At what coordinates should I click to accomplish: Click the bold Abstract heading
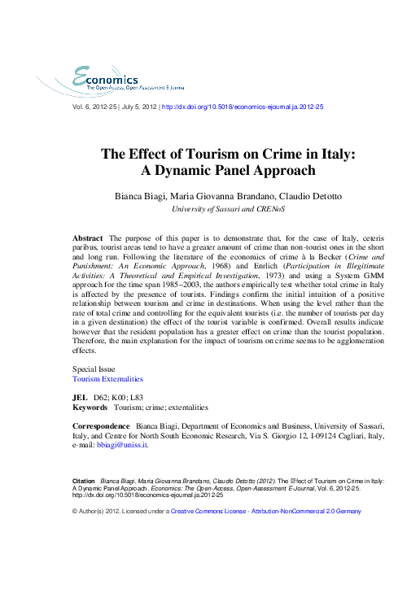click(87, 237)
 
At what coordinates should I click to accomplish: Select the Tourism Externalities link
click(107, 379)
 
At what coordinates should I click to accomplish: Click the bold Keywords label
click(90, 407)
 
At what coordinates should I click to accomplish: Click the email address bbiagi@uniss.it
click(121, 445)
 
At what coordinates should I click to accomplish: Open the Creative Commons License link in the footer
click(206, 512)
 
